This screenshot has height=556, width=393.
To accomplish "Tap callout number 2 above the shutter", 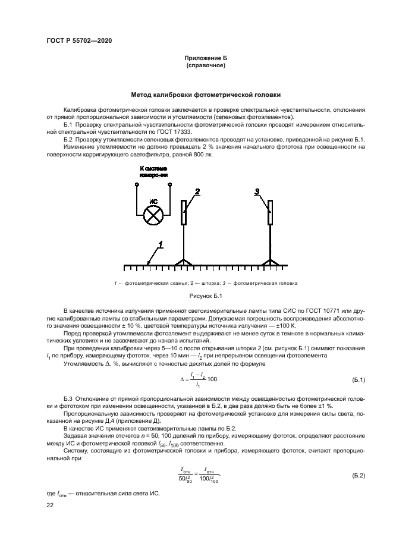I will pos(197,191).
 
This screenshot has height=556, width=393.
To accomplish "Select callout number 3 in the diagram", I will pos(257,191).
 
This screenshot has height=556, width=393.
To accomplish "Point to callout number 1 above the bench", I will pos(159,244).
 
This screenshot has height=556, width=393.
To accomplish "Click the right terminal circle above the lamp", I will pos(171,184).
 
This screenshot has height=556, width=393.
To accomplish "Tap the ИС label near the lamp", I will pos(153,202).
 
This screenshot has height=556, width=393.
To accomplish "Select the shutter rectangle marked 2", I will pos(185,213).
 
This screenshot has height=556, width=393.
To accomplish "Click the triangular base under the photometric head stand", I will pos(271,263).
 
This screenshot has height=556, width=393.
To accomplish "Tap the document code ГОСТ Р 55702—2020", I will pos(80,40).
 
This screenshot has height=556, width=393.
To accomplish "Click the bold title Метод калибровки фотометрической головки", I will pos(206,95).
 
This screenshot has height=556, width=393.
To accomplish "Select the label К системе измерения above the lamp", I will pos(153,172).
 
